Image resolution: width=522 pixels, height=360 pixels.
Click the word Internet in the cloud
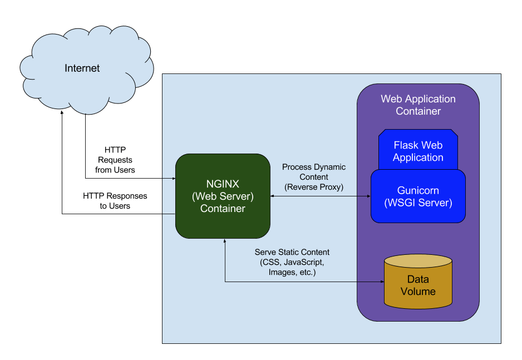tap(82, 68)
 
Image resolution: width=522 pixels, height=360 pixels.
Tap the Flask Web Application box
tap(418, 151)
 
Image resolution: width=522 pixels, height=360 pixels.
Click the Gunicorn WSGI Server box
tap(418, 196)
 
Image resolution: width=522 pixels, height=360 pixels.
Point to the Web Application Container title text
tap(418, 105)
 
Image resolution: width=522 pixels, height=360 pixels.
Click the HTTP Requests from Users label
tap(115, 160)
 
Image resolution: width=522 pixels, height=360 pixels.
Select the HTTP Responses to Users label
tap(115, 201)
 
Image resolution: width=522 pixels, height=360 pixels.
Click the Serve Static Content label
tap(292, 252)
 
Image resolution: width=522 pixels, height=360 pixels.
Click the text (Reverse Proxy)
tap(314, 187)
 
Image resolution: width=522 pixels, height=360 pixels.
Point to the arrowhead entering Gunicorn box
tap(368, 196)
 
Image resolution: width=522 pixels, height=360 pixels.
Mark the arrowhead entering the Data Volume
tap(382, 282)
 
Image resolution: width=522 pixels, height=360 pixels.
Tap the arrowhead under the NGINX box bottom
tap(225, 242)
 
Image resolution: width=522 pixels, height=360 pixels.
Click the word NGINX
tap(223, 185)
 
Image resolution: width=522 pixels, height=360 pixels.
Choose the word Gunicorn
tap(418, 190)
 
